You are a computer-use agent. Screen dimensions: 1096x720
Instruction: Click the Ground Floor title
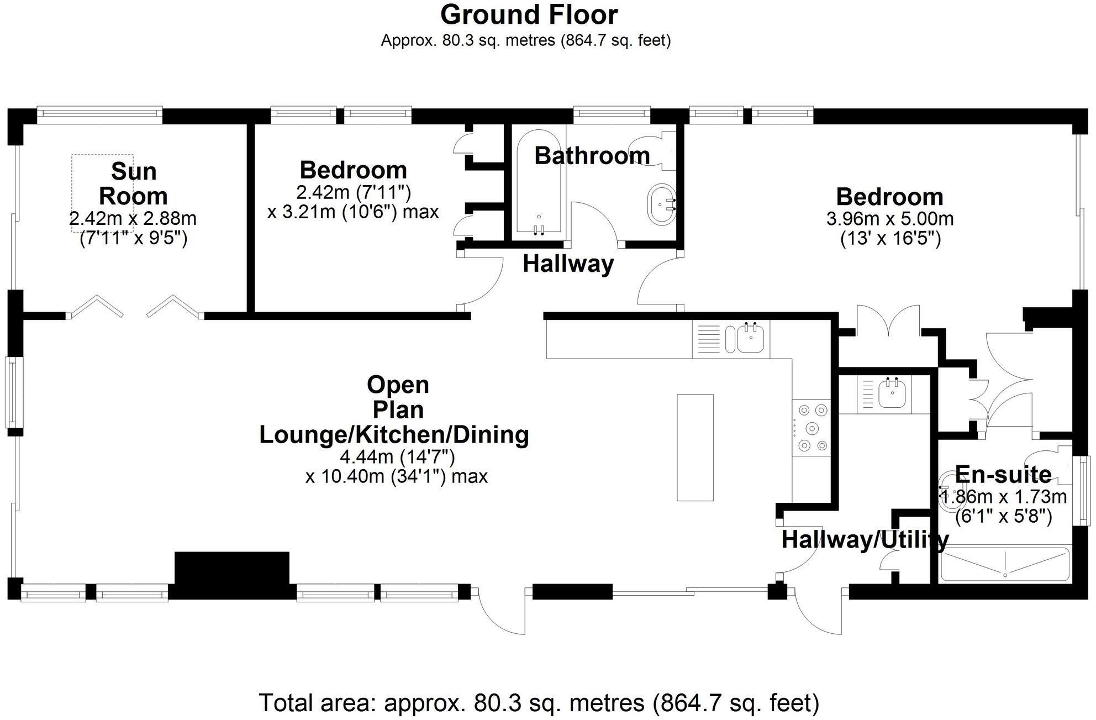click(x=529, y=15)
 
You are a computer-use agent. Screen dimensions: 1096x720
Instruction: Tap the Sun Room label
click(x=134, y=183)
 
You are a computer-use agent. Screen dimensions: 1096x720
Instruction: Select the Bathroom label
click(x=592, y=156)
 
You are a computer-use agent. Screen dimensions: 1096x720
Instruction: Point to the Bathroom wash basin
click(x=661, y=205)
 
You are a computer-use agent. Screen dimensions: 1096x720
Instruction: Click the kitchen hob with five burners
click(x=812, y=428)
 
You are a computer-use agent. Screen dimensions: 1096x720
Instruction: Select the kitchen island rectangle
click(x=695, y=448)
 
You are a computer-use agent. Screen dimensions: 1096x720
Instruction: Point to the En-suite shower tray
click(x=1005, y=564)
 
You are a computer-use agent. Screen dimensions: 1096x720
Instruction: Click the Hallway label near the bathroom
click(x=568, y=264)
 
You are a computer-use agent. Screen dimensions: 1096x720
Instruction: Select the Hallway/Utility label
click(x=865, y=539)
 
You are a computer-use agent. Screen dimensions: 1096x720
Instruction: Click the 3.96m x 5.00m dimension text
click(x=890, y=219)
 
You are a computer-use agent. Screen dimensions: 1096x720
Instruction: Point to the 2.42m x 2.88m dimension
click(x=133, y=218)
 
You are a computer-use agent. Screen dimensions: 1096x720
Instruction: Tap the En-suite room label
click(x=1003, y=475)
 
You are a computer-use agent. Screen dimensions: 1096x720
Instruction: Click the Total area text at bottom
click(x=539, y=703)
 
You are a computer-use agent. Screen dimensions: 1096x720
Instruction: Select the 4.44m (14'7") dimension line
click(x=397, y=457)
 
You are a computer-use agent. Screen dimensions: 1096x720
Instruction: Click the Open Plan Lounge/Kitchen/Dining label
click(x=394, y=409)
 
